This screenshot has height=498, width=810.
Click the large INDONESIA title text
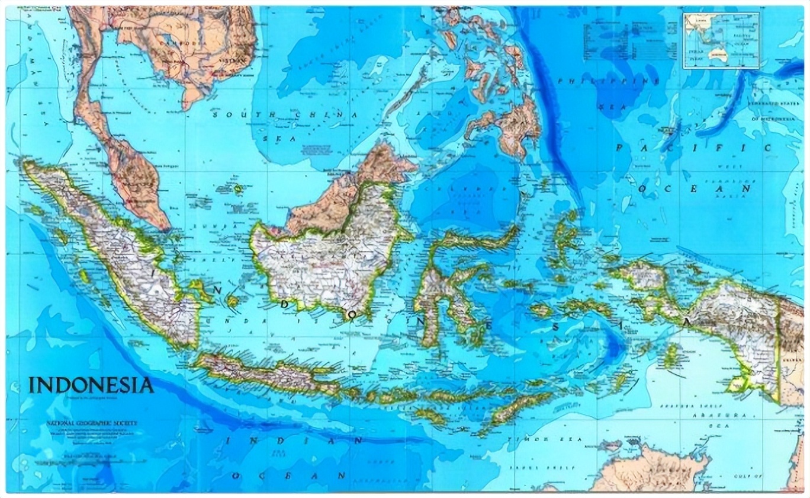91,385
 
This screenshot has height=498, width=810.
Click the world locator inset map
721,41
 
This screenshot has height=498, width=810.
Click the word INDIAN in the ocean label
294,441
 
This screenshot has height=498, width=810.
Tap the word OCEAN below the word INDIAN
288,475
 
